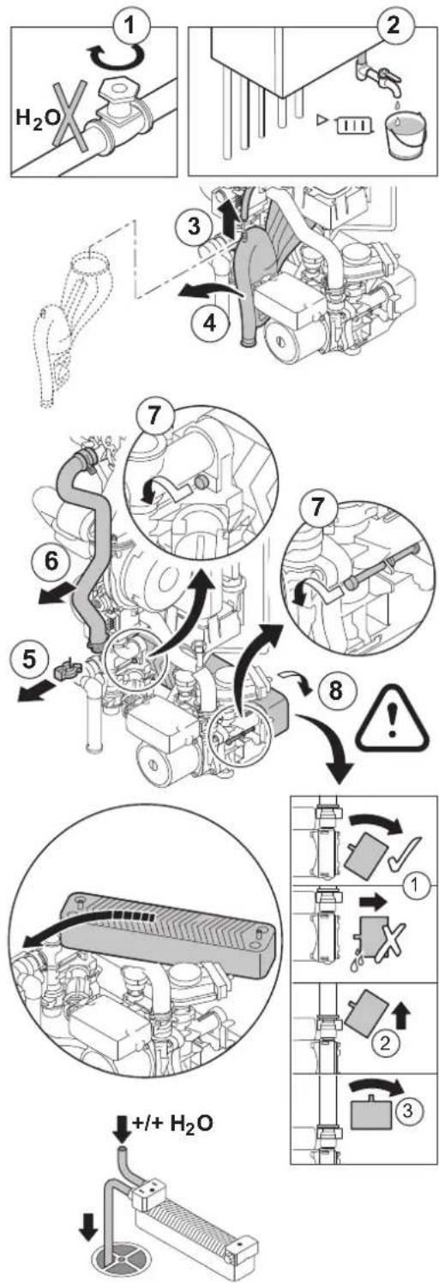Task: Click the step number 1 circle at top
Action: pos(132,27)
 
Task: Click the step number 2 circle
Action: pos(394,26)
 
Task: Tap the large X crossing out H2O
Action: pos(70,116)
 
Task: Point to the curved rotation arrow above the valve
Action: pos(115,58)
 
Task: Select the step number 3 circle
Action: pos(195,226)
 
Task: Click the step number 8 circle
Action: pos(334,689)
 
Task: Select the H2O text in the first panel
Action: pos(35,120)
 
